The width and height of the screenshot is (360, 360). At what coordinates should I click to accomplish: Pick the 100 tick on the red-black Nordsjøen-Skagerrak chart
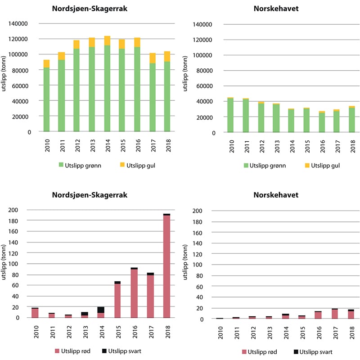18,264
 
